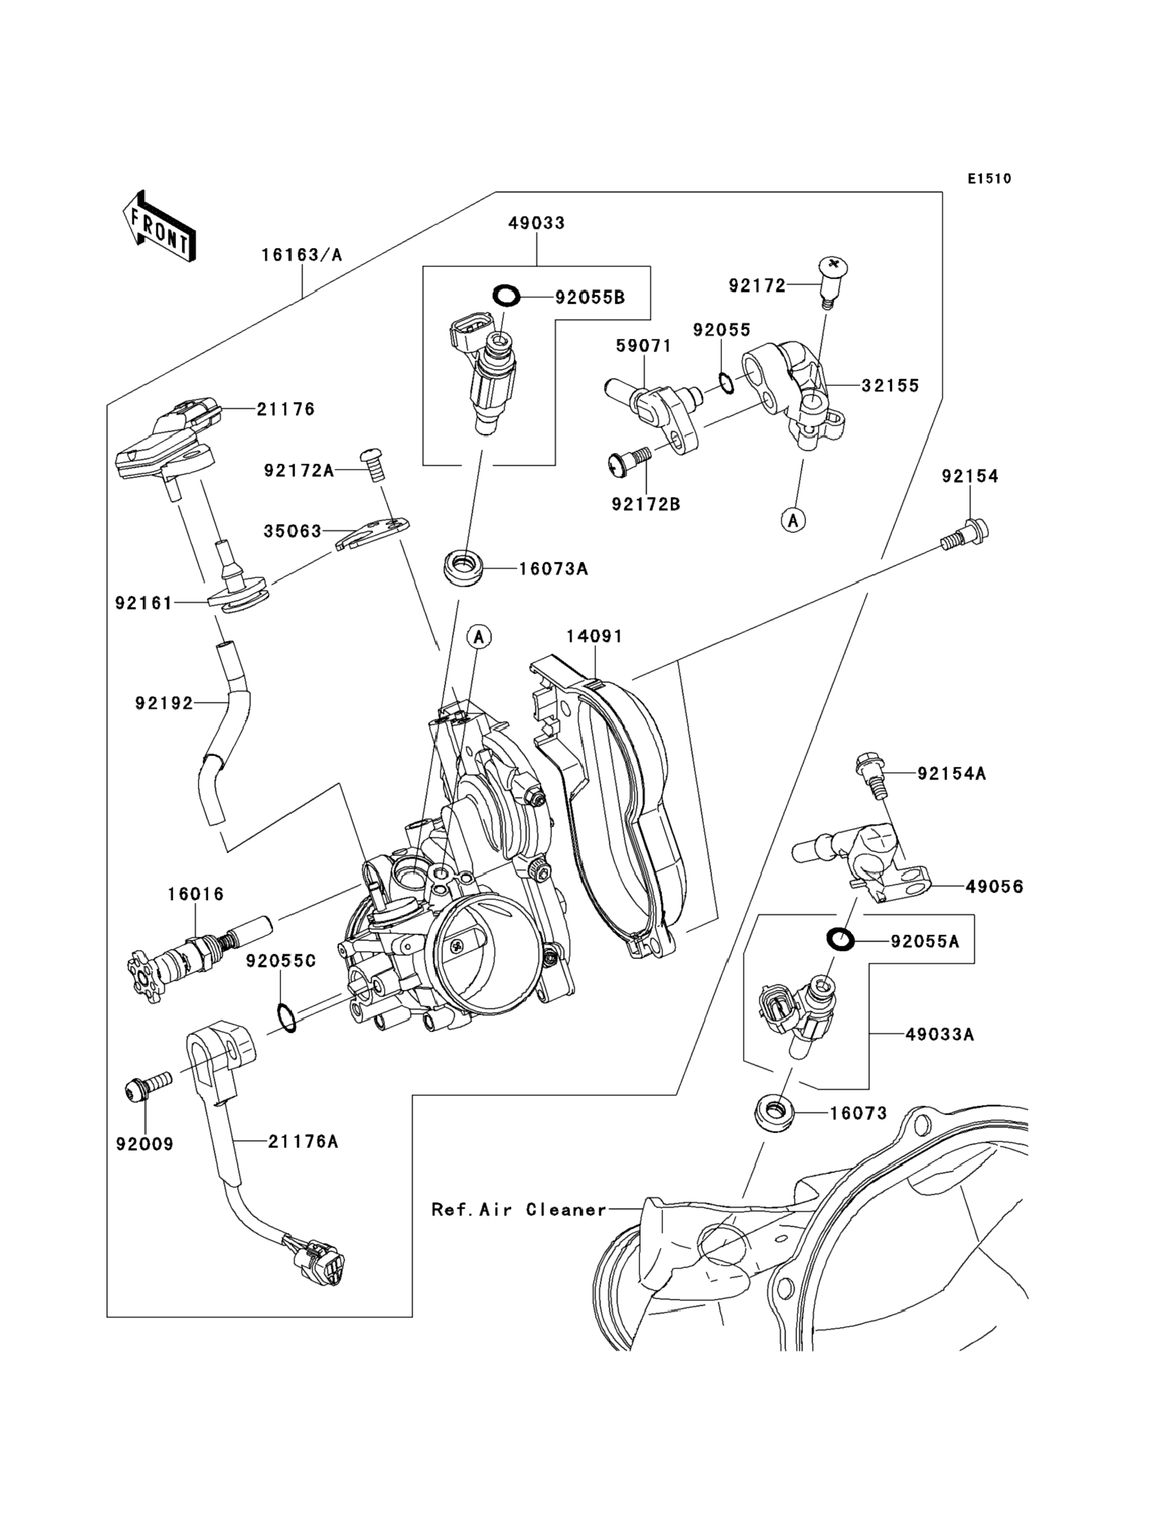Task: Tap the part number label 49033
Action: (x=536, y=223)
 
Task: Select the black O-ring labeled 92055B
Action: (x=506, y=296)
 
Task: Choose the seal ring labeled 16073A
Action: (x=463, y=567)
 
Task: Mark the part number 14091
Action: (x=594, y=636)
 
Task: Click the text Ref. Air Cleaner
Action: (x=518, y=1210)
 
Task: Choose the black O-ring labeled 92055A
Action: (x=841, y=940)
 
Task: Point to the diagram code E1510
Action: (x=990, y=179)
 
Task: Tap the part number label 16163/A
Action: (x=301, y=255)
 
